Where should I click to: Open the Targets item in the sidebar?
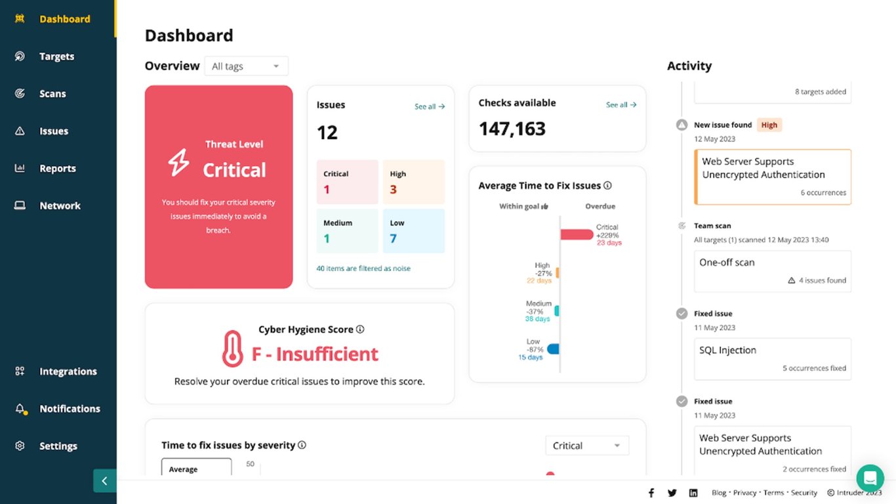(x=56, y=56)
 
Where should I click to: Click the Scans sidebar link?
(x=52, y=94)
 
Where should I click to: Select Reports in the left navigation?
(x=57, y=169)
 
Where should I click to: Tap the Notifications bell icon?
(x=20, y=409)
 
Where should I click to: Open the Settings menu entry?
(x=58, y=446)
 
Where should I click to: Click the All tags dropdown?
(x=246, y=66)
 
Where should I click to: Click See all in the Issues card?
(x=430, y=106)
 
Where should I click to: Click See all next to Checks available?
(x=621, y=104)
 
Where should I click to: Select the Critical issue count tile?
(x=347, y=182)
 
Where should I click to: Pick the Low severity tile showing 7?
(x=413, y=231)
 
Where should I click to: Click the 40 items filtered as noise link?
(x=363, y=268)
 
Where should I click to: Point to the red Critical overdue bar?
(x=577, y=235)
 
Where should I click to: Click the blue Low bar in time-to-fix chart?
(x=553, y=349)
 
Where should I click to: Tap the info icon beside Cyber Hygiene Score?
(x=360, y=329)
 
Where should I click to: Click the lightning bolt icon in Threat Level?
(x=179, y=162)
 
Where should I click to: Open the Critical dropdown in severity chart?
(x=586, y=446)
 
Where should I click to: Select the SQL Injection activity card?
(x=772, y=358)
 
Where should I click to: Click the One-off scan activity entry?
(x=772, y=270)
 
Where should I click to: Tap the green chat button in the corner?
(x=870, y=478)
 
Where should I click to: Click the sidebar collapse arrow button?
(x=104, y=481)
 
